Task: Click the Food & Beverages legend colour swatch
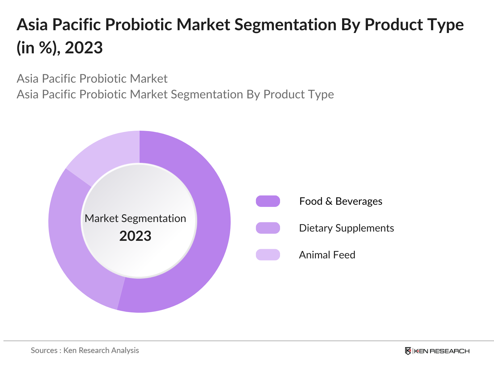pos(268,201)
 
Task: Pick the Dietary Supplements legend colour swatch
pos(268,228)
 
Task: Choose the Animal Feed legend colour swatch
pos(268,255)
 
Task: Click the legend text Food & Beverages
pos(341,201)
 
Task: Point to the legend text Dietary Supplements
pos(346,228)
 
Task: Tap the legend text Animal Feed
pos(327,255)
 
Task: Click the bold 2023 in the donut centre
pos(135,236)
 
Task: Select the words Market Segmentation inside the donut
pos(135,218)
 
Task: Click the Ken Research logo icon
pos(408,351)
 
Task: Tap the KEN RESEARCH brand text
pos(442,351)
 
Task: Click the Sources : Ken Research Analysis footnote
pos(85,350)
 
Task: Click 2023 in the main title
pos(84,48)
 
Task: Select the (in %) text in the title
pos(38,48)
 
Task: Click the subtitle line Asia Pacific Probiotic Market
pos(92,79)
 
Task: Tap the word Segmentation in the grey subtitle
pos(207,94)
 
